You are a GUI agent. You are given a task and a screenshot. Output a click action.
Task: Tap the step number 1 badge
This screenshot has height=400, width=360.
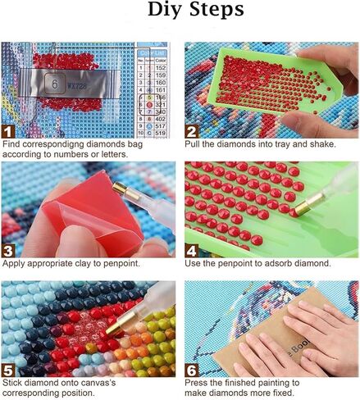[8, 130]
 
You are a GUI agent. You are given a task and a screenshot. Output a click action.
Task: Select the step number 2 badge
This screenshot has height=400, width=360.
[192, 130]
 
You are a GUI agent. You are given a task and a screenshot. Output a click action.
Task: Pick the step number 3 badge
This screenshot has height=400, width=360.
[8, 250]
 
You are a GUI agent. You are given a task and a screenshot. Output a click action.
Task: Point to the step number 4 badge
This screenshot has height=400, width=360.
[192, 250]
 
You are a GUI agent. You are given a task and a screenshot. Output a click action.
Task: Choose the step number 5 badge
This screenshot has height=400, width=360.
[8, 370]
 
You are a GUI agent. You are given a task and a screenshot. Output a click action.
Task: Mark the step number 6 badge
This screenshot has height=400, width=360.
[192, 370]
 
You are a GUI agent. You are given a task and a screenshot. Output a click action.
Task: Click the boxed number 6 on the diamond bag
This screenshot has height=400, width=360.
[55, 83]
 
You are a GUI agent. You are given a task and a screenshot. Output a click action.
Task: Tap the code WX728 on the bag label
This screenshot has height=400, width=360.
[80, 83]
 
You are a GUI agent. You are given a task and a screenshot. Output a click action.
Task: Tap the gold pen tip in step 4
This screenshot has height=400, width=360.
[302, 211]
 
